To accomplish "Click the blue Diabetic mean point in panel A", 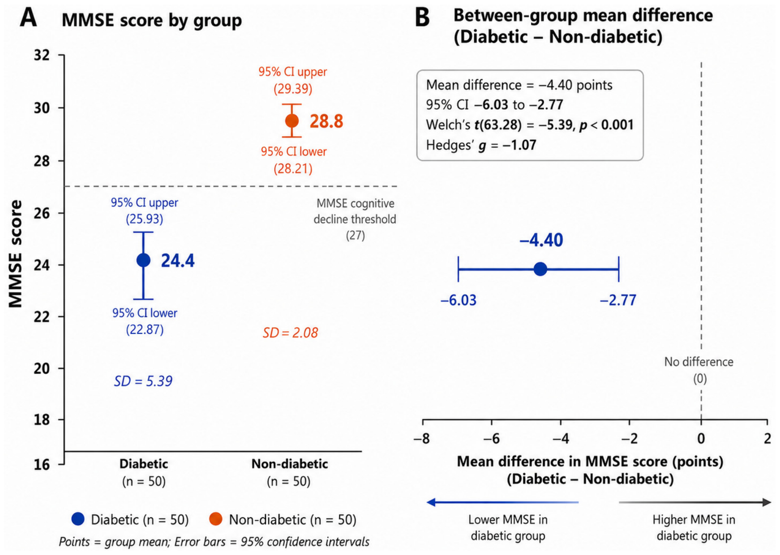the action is pyautogui.click(x=143, y=260).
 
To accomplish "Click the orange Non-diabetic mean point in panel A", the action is pyautogui.click(x=292, y=121).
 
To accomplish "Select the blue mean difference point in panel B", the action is pyautogui.click(x=540, y=269).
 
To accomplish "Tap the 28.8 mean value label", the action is pyautogui.click(x=327, y=121).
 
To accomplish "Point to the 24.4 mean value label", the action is pyautogui.click(x=178, y=261).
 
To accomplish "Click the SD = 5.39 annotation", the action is pyautogui.click(x=143, y=381).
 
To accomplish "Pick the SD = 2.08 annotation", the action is pyautogui.click(x=291, y=333).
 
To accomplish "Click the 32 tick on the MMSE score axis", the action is pyautogui.click(x=42, y=55).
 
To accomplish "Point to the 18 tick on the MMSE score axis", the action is pyautogui.click(x=42, y=420).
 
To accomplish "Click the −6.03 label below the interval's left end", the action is pyautogui.click(x=458, y=300).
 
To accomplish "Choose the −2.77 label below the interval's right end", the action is pyautogui.click(x=618, y=300).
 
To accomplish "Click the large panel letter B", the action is pyautogui.click(x=422, y=17).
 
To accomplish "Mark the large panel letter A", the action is pyautogui.click(x=28, y=17).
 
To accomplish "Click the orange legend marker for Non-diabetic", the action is pyautogui.click(x=216, y=519).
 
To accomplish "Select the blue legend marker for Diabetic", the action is pyautogui.click(x=78, y=519).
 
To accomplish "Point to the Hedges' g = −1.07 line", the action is pyautogui.click(x=481, y=145).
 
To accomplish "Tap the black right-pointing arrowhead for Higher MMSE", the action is pyautogui.click(x=767, y=503).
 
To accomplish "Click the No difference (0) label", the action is pyautogui.click(x=699, y=370).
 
